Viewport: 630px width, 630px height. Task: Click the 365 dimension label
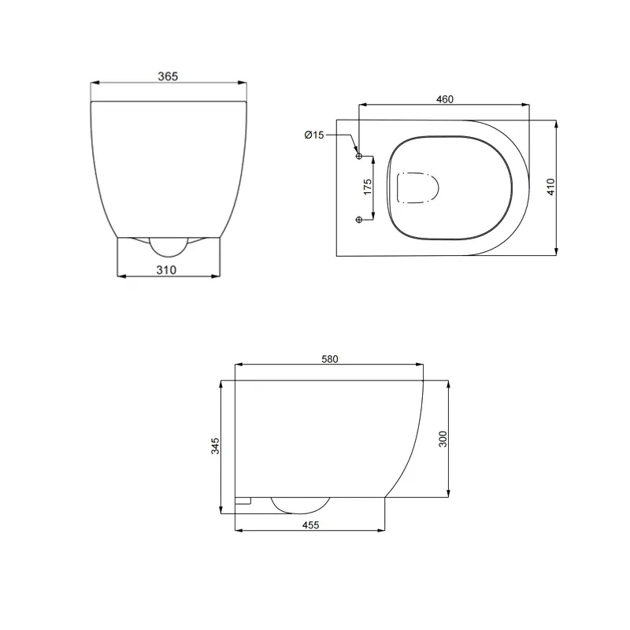click(x=168, y=76)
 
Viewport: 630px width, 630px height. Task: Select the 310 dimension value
click(x=166, y=269)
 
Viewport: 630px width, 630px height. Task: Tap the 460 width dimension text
click(x=444, y=99)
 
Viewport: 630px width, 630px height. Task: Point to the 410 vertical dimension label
click(x=551, y=187)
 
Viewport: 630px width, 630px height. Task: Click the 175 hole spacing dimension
click(x=367, y=187)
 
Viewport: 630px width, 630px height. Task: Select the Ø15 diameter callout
click(x=314, y=135)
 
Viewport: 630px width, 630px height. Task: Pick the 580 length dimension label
click(x=329, y=359)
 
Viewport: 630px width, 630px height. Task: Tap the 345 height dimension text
click(x=215, y=446)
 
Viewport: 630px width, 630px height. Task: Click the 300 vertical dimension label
click(x=443, y=439)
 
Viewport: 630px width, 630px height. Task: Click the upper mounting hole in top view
click(x=360, y=156)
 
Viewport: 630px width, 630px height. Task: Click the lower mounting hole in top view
click(x=360, y=219)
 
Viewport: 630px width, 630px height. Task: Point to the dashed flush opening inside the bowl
click(x=417, y=187)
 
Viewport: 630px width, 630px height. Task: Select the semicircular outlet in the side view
click(x=300, y=504)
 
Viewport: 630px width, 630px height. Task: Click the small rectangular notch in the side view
click(x=243, y=500)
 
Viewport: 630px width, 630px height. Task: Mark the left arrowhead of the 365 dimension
click(x=94, y=82)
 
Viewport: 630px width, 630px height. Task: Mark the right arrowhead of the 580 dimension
click(x=421, y=365)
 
